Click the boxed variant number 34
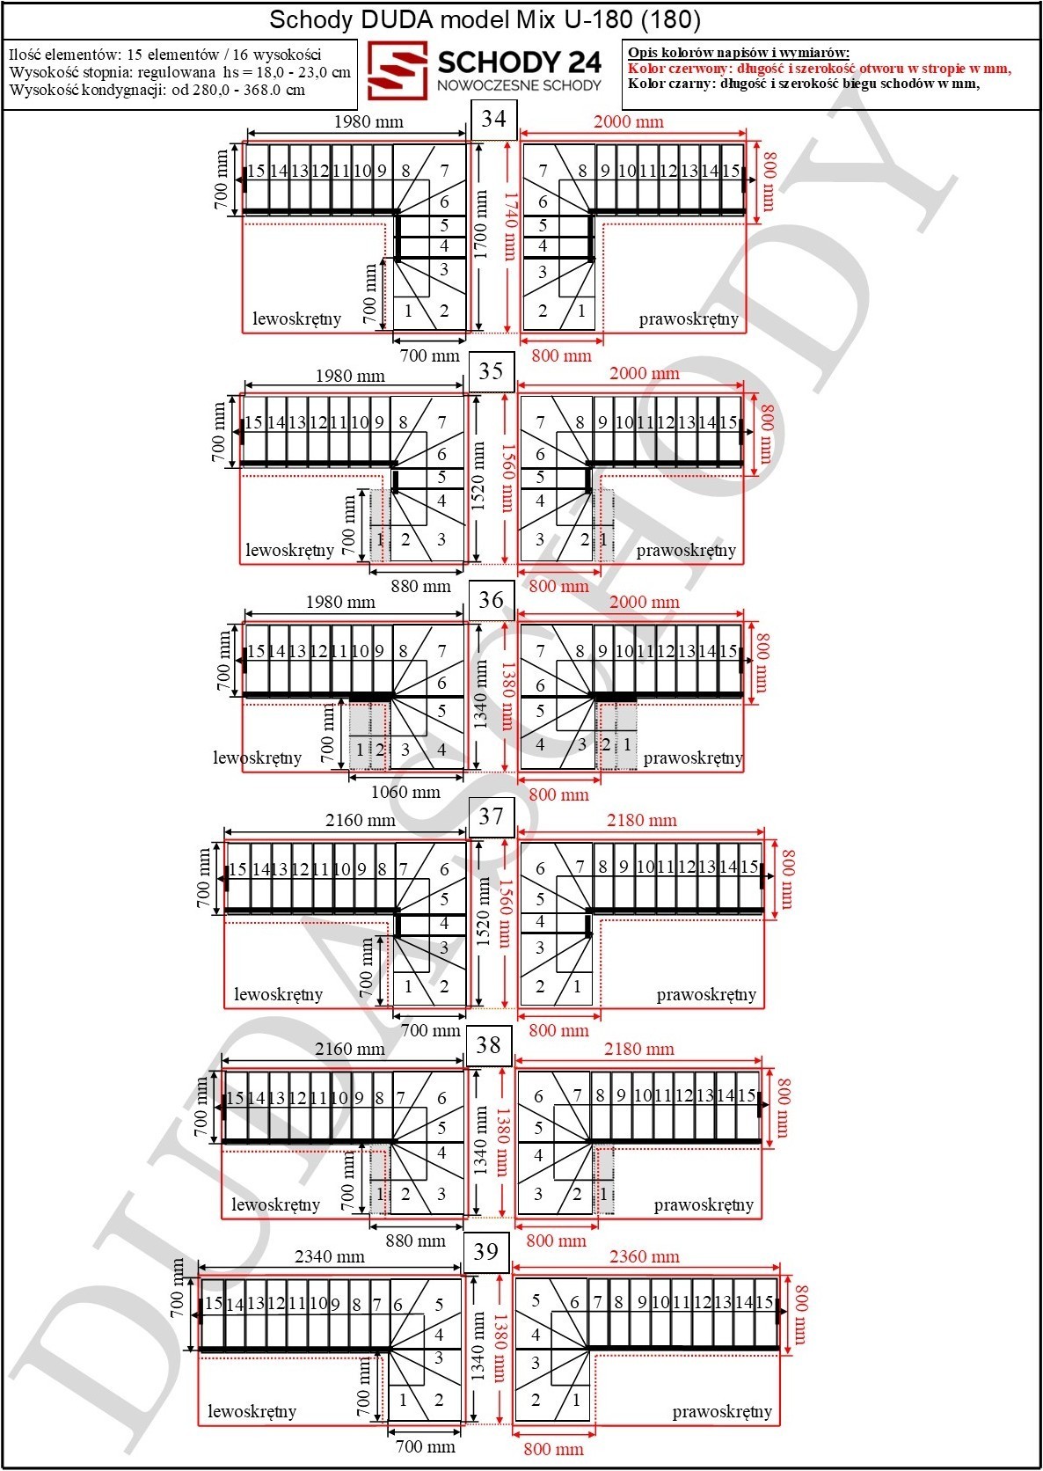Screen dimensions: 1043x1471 pyautogui.click(x=493, y=120)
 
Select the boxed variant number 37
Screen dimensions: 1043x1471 pyautogui.click(x=491, y=817)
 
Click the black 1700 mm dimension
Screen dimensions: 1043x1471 pyautogui.click(x=481, y=224)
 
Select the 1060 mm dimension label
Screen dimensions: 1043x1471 pyautogui.click(x=405, y=792)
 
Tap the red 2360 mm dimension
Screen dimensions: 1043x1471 pyautogui.click(x=644, y=1257)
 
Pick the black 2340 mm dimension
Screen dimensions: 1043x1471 pyautogui.click(x=330, y=1257)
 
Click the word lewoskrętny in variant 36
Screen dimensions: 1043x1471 pyautogui.click(x=258, y=757)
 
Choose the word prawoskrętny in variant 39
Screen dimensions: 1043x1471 pyautogui.click(x=722, y=1411)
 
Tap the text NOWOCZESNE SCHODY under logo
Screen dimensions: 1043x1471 pyautogui.click(x=519, y=85)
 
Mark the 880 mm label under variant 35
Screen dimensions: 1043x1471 pyautogui.click(x=420, y=587)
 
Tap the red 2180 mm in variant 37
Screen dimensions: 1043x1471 pyautogui.click(x=641, y=820)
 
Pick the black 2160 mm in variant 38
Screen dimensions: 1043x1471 pyautogui.click(x=350, y=1049)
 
